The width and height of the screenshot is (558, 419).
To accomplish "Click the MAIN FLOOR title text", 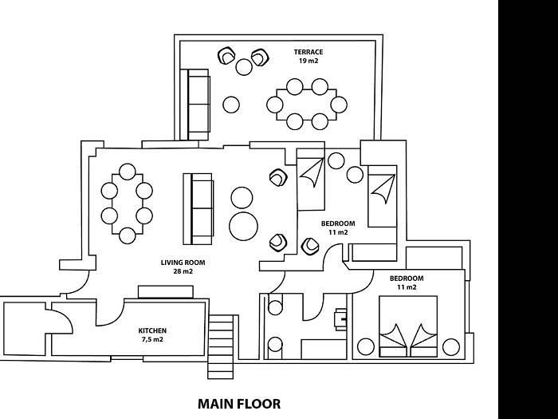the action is (x=239, y=404).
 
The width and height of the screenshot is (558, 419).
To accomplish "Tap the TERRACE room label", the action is (x=308, y=52).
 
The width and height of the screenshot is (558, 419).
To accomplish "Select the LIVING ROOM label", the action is (x=183, y=263).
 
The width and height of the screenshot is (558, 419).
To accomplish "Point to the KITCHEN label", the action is (x=152, y=330).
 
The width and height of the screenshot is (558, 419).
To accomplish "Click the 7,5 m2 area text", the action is (x=152, y=339).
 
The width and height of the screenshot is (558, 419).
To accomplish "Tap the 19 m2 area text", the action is (x=308, y=61).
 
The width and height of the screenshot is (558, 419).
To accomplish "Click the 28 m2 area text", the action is (x=183, y=271).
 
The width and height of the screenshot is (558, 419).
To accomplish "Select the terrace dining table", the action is (x=307, y=105).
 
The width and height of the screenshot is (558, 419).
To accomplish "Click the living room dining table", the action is (x=128, y=204).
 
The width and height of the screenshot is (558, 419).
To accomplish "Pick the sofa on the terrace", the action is (x=195, y=105).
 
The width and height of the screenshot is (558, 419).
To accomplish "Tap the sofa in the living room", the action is (x=198, y=209).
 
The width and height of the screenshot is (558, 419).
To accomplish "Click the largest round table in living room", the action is (x=243, y=226).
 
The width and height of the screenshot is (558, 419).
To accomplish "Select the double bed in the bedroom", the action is (x=408, y=326).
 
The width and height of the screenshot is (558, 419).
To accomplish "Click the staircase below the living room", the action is (x=221, y=346).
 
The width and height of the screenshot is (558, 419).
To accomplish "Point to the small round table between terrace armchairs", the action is (x=244, y=66).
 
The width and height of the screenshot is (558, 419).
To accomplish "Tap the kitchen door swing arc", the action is (x=110, y=313).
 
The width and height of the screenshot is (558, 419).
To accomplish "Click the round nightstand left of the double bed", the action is (x=366, y=346).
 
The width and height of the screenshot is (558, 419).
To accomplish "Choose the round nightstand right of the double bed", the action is (x=451, y=346).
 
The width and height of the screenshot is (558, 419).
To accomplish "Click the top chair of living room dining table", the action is (x=128, y=172).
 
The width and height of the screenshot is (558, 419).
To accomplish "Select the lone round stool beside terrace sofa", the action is (x=231, y=105).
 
